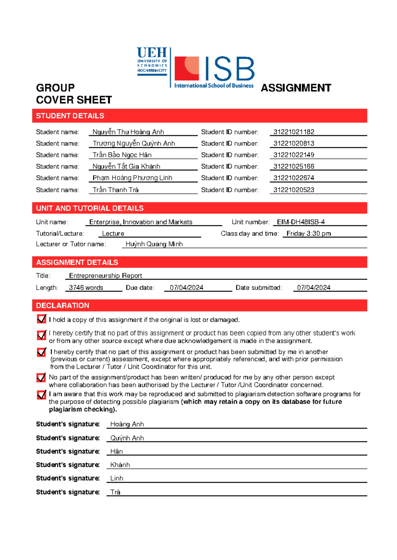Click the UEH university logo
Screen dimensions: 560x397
pos(152,61)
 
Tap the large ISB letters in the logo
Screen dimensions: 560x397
pos(230,69)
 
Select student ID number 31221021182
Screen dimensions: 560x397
pos(293,132)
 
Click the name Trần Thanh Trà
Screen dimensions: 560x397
pos(115,190)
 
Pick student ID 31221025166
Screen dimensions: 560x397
pos(293,166)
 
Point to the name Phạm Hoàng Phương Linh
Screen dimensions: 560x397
pos(132,178)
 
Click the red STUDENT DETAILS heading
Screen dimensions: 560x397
pos(70,116)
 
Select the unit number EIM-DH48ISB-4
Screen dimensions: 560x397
pos(300,222)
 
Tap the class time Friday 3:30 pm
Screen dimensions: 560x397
pos(308,233)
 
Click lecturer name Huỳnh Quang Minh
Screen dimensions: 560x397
pos(154,244)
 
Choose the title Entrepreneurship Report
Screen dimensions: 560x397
pos(106,275)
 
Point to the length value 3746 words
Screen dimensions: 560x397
pos(86,288)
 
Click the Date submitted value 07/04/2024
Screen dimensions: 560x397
pos(313,288)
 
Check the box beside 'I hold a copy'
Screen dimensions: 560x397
pos(41,319)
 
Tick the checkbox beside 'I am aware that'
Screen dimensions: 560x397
pos(41,395)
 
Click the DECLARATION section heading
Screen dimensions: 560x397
pos(63,305)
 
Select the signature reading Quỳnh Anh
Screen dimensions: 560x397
pos(127,438)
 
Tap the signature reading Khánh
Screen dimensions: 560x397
pos(120,465)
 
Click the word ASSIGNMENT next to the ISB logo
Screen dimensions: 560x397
pos(296,88)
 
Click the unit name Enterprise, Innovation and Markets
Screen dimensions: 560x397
pos(141,222)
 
